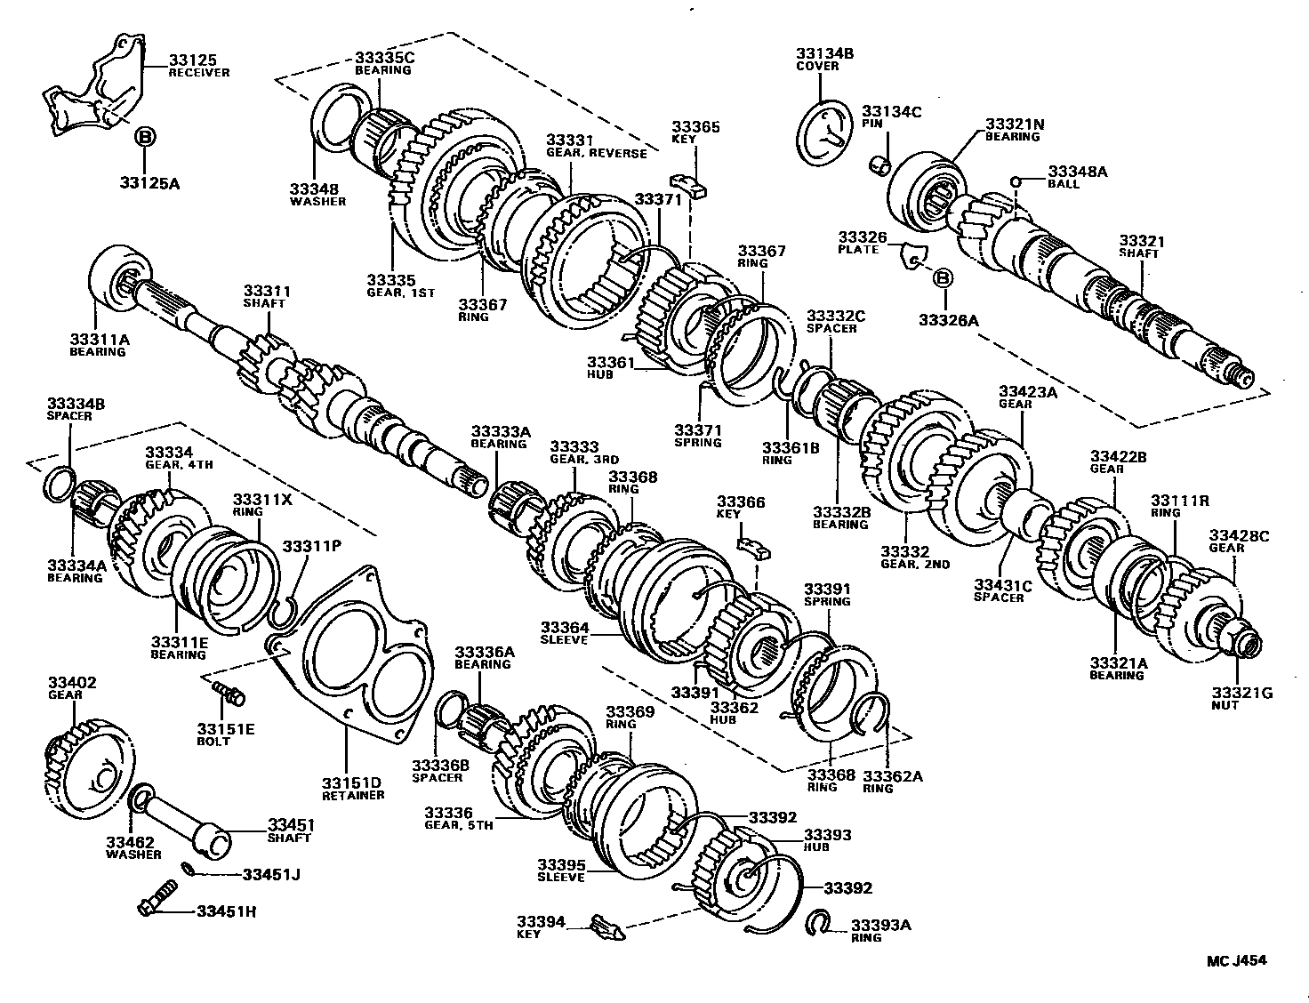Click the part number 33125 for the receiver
point(188,60)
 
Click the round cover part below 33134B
point(826,133)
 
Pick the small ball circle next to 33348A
point(1015,182)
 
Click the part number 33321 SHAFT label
point(1141,241)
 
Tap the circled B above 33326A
point(943,279)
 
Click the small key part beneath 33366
point(752,544)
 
